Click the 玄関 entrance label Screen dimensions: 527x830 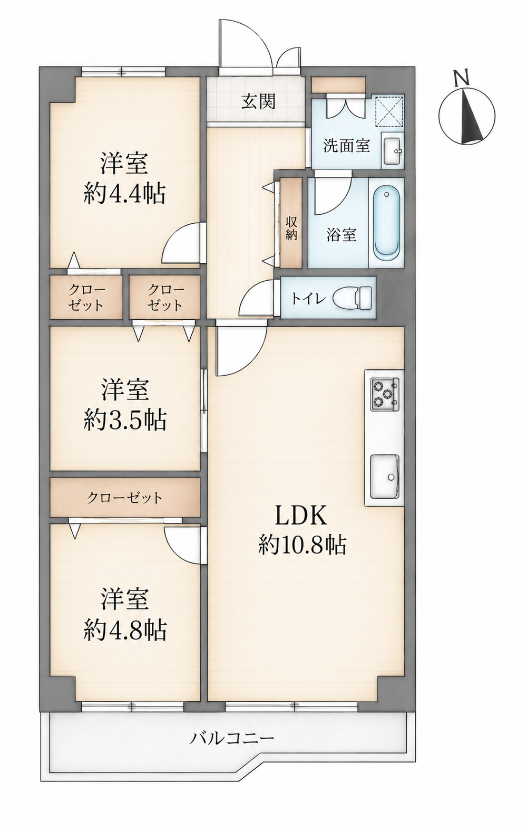[x=259, y=101]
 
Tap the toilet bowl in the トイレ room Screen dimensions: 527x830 [x=353, y=297]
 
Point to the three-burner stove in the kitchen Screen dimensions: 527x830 [x=385, y=394]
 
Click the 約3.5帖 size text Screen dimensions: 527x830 [x=125, y=420]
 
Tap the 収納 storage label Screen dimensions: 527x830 [x=291, y=227]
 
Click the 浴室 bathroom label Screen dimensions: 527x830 [x=341, y=234]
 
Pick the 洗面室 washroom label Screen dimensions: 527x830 [x=346, y=146]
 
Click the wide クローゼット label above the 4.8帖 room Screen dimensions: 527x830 [x=125, y=498]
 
